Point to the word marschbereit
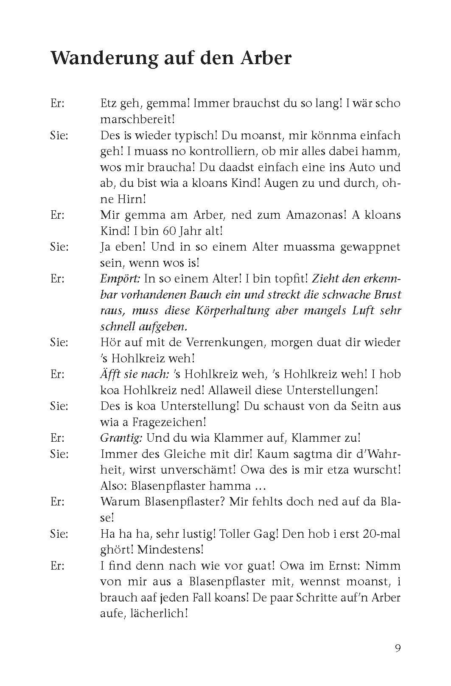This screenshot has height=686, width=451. tap(136, 119)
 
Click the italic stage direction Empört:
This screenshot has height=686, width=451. tap(120, 279)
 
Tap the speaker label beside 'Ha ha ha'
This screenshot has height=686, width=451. tap(59, 534)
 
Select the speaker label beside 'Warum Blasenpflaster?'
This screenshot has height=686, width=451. tap(57, 502)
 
